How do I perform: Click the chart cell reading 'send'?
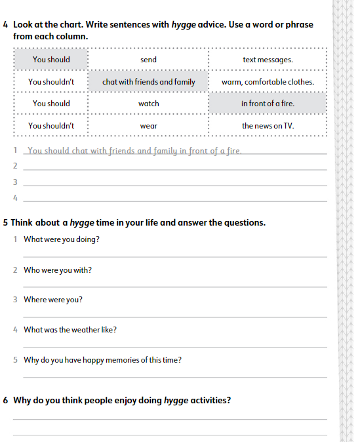(x=148, y=60)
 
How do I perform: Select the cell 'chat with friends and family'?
(x=149, y=82)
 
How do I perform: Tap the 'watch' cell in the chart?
(x=149, y=104)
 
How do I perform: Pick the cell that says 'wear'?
(x=148, y=125)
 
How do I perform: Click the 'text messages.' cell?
(x=268, y=60)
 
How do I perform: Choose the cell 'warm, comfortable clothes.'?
(x=268, y=82)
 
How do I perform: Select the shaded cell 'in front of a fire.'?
(x=268, y=104)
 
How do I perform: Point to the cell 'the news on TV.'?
(x=268, y=125)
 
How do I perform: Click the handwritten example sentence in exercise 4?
(x=135, y=151)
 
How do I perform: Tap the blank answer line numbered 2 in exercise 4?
(x=174, y=167)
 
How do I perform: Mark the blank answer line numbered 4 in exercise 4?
(x=174, y=198)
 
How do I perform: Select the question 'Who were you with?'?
(x=58, y=270)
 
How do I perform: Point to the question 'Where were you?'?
(x=53, y=300)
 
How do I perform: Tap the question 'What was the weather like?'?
(x=70, y=330)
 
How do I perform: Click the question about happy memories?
(x=102, y=360)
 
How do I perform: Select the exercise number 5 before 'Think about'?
(x=5, y=222)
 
